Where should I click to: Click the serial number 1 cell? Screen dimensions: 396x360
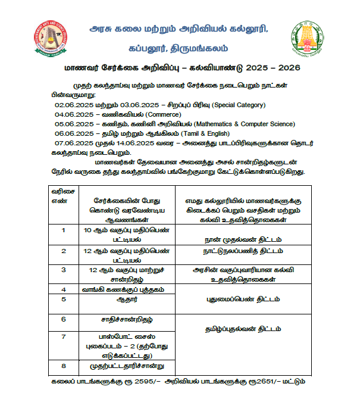64,230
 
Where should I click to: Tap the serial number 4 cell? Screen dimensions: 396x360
64,288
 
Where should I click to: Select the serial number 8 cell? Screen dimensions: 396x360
64,365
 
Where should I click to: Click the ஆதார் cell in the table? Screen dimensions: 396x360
123,299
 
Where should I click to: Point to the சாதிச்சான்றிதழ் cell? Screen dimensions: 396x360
123,319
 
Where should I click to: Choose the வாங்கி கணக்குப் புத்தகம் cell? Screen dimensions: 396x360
123,288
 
